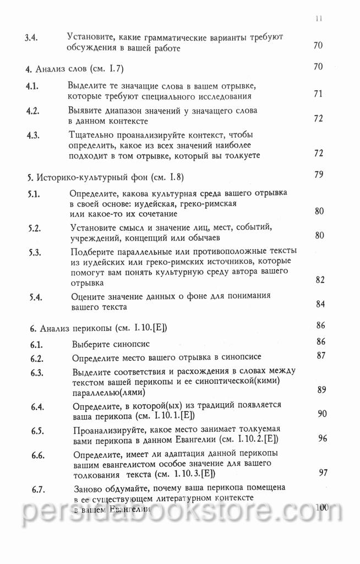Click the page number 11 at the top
tap(319, 18)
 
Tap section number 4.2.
tap(33, 110)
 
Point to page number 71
tap(318, 94)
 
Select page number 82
tap(321, 280)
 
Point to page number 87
tap(323, 355)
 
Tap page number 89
tap(323, 390)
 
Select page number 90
tap(323, 414)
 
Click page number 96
tap(323, 438)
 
